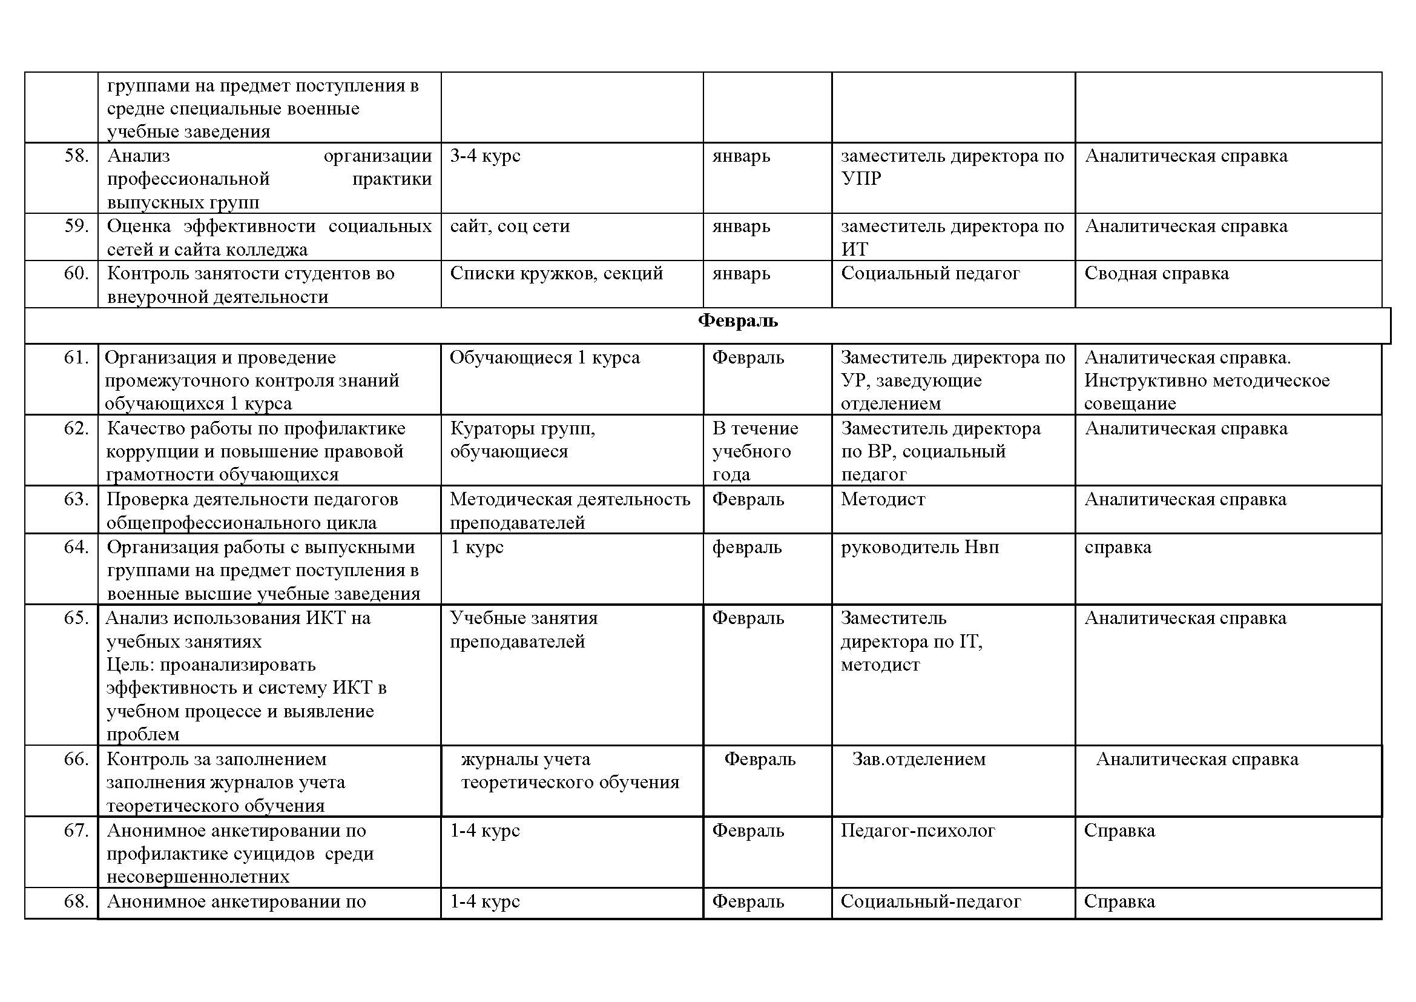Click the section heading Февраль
(x=737, y=322)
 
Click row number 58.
(x=76, y=156)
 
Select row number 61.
(x=76, y=358)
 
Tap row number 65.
(x=76, y=619)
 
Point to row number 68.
(x=76, y=902)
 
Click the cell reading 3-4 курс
(x=485, y=156)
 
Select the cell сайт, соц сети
(x=509, y=227)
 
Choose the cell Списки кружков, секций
(x=556, y=273)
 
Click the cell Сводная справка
(x=1156, y=273)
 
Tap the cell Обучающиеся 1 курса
(x=545, y=358)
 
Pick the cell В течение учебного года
(x=755, y=451)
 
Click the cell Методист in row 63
(x=883, y=500)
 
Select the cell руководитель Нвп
(x=920, y=548)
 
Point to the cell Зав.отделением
(x=918, y=760)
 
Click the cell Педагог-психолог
(x=918, y=831)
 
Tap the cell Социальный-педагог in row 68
(x=930, y=902)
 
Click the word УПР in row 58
(x=861, y=179)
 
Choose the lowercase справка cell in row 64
(x=1118, y=548)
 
